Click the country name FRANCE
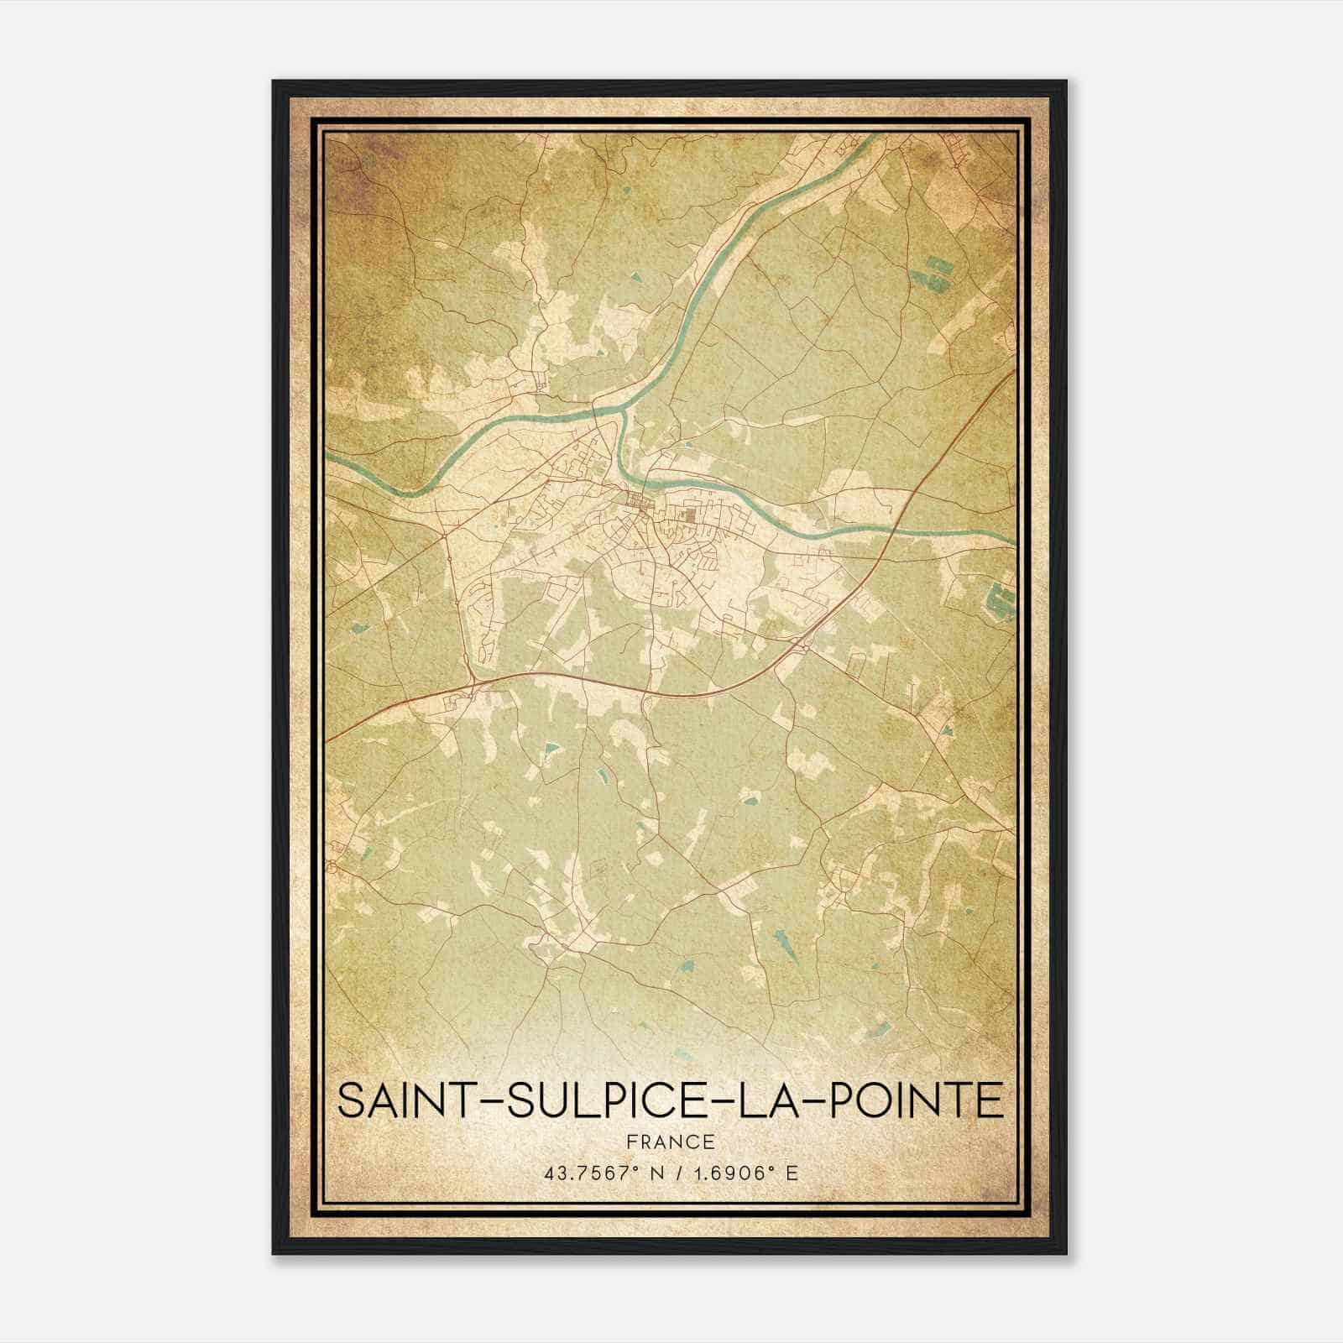point(670,1142)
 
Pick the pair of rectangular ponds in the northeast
point(934,271)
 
